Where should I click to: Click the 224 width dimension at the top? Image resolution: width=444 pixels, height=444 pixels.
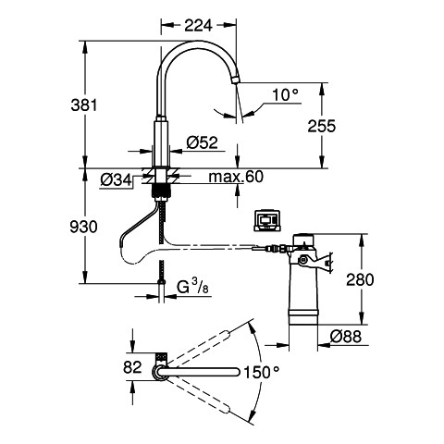[198, 25]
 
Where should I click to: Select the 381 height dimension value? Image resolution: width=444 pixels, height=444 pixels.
[84, 105]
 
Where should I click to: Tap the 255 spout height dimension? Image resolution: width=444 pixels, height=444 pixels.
[322, 126]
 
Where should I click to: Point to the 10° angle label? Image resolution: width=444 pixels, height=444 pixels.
[286, 95]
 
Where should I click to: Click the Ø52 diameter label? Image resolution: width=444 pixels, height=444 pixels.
[203, 142]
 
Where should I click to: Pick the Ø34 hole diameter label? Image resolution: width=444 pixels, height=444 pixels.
[116, 179]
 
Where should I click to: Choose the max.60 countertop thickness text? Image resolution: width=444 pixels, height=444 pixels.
[236, 177]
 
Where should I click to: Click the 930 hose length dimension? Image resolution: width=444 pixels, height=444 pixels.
[83, 228]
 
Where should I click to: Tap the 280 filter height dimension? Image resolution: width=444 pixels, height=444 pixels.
[360, 279]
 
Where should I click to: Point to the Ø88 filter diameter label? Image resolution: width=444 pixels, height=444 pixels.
[345, 336]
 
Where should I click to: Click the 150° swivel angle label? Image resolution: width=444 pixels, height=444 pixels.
[262, 372]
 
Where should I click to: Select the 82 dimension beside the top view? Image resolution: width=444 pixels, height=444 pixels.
[132, 367]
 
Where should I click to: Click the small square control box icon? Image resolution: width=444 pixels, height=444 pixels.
[266, 220]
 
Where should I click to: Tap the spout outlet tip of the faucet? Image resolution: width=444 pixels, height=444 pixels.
[235, 80]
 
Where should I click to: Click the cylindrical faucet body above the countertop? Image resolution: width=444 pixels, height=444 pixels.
[161, 144]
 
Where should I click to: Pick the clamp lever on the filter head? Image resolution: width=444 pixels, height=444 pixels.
[317, 263]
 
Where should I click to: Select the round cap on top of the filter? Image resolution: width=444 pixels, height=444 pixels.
[303, 240]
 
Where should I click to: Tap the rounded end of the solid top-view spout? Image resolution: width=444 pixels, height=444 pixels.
[237, 372]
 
